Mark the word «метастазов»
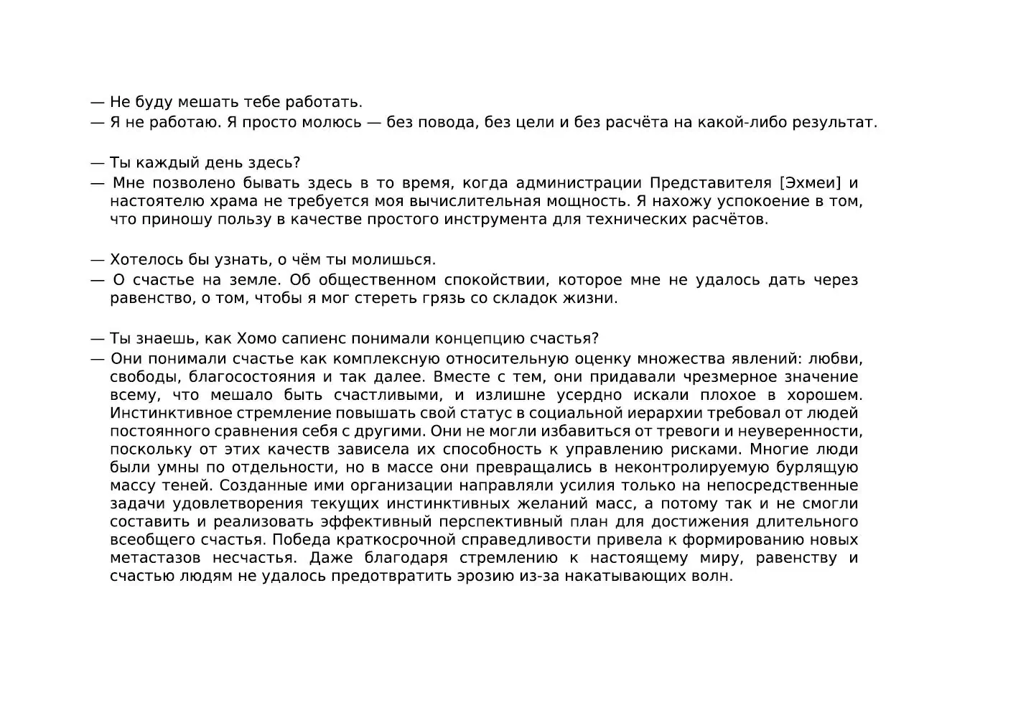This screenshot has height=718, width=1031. [x=151, y=558]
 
